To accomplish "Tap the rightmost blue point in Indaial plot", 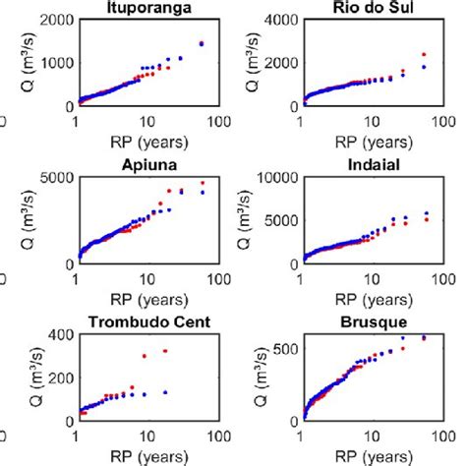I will click(x=426, y=213).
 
